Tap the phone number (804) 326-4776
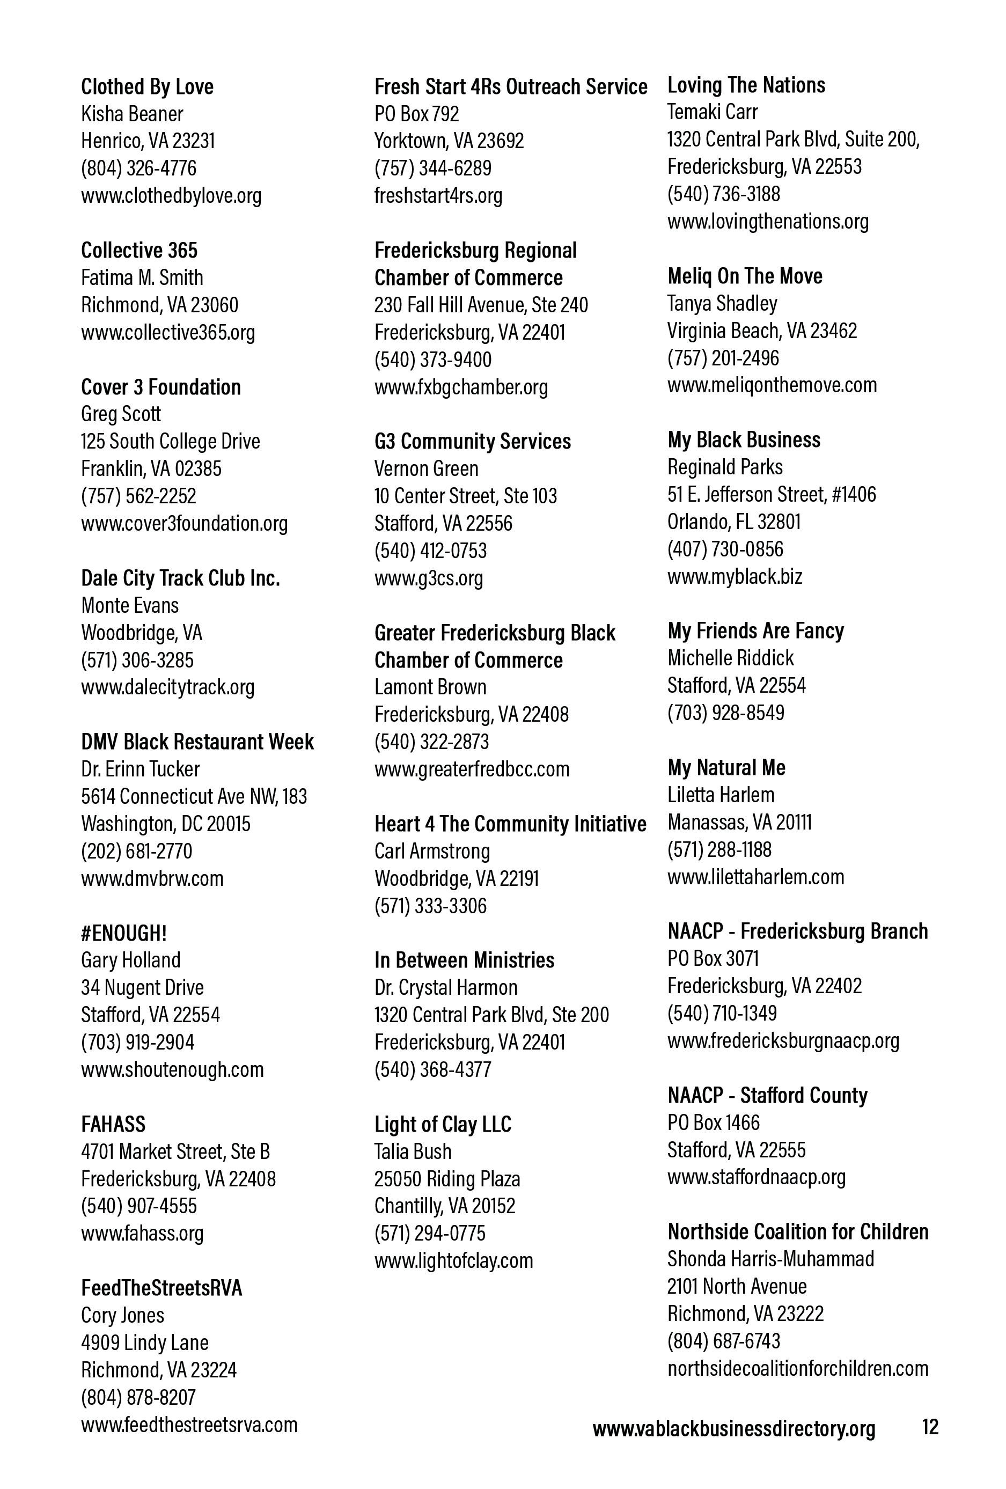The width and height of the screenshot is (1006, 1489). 138,168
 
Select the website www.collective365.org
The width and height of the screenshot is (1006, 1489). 168,332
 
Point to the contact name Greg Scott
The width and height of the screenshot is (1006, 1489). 121,414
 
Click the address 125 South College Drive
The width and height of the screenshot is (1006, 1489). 171,442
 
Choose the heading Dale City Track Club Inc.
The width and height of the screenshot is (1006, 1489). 180,578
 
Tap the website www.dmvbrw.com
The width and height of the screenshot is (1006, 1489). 152,878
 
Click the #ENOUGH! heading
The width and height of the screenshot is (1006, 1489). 123,933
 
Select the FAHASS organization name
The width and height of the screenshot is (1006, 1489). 113,1125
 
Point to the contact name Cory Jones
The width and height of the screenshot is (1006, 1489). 122,1315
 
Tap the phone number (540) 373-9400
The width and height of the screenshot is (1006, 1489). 432,360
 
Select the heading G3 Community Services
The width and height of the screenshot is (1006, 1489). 472,442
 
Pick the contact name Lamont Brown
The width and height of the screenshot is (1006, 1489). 430,687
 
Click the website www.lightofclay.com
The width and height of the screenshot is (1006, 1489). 453,1260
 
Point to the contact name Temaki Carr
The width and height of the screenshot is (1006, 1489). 712,112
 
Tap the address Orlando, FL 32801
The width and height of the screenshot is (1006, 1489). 733,522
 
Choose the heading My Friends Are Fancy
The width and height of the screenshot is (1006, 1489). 755,630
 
